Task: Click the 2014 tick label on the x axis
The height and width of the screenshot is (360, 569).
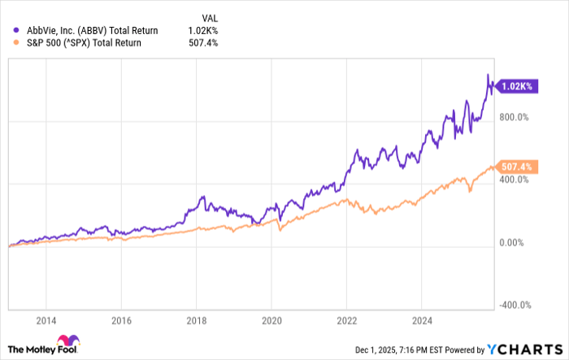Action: pos(46,320)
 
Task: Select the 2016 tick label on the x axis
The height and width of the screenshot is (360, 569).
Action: pos(121,320)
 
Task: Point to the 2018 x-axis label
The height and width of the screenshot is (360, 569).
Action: pos(197,320)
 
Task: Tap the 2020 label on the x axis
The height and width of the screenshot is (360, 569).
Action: pos(271,320)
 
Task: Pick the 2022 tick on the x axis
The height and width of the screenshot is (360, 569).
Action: pos(347,320)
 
